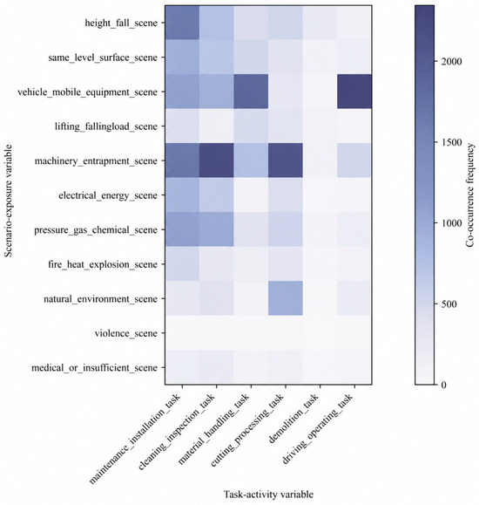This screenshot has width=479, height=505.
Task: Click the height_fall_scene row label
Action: tap(121, 24)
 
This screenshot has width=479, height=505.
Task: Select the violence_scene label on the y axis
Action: tap(126, 333)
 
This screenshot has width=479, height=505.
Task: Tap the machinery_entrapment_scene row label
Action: tap(96, 161)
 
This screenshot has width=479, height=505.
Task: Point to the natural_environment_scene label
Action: tap(101, 299)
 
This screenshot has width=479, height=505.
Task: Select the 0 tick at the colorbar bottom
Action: tap(443, 385)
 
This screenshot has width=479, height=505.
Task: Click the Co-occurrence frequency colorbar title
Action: tap(470, 195)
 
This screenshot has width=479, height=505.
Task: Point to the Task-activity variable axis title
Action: tap(268, 495)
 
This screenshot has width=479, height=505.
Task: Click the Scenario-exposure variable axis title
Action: tap(9, 201)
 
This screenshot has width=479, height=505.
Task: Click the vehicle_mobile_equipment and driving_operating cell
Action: tap(354, 92)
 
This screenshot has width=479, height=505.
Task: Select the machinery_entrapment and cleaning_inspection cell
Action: tap(217, 160)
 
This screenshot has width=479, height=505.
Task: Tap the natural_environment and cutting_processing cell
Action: tap(286, 298)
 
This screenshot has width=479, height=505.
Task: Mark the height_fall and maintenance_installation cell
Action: tap(182, 23)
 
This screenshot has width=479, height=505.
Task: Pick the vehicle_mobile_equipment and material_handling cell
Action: tap(251, 92)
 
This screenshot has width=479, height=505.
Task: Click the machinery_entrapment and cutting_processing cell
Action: tap(286, 160)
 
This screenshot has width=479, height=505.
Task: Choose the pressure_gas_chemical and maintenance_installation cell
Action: tap(182, 229)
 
